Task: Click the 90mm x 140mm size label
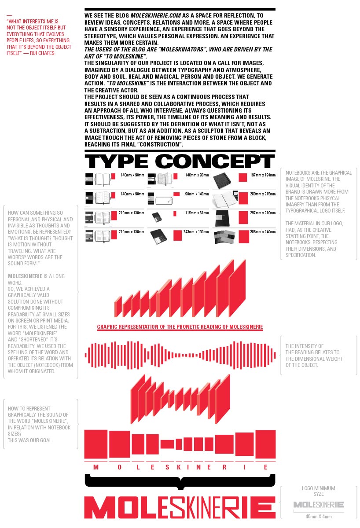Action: click(x=197, y=194)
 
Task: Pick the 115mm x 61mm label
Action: click(x=197, y=213)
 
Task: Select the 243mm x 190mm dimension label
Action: click(x=197, y=231)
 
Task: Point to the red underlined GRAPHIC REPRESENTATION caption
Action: click(x=180, y=327)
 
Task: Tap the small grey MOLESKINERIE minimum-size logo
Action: click(x=319, y=505)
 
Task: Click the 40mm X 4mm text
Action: click(x=319, y=516)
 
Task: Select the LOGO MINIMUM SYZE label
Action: click(x=319, y=491)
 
